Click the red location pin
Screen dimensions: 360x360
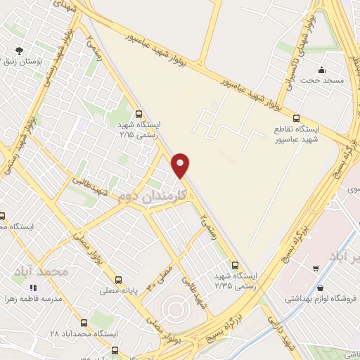click(181, 165)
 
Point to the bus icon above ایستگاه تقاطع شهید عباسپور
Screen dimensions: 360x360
click(297, 118)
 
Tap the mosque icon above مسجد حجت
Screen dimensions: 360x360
click(321, 70)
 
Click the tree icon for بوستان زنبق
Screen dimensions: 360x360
click(19, 51)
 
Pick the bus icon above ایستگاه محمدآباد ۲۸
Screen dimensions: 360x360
click(84, 318)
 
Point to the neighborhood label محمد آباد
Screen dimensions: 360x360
click(43, 271)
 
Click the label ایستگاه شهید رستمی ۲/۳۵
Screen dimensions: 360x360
click(236, 282)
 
